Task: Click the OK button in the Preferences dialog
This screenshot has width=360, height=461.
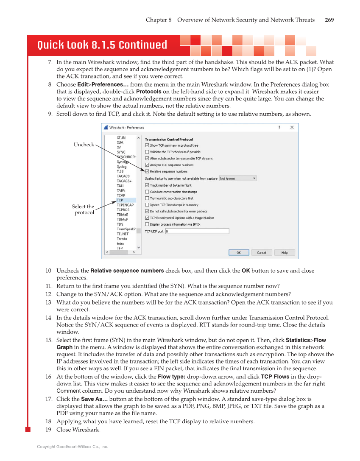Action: point(239,252)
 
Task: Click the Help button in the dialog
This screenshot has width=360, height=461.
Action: point(285,252)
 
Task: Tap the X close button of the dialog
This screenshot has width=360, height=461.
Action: point(292,128)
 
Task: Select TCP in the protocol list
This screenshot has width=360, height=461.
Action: point(120,200)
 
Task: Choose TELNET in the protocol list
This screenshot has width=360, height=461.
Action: point(123,234)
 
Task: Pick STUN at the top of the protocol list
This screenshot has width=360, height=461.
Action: point(121,138)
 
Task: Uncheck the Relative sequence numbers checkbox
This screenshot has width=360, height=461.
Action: point(147,171)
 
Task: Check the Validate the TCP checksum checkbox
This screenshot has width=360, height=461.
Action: point(147,152)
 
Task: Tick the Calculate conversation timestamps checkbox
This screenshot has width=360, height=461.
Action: point(147,192)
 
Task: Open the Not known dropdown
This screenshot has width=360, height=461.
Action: point(238,179)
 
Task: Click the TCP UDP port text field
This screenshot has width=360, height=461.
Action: point(197,231)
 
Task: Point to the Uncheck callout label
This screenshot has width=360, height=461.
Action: point(84,145)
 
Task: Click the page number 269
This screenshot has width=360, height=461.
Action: point(329,20)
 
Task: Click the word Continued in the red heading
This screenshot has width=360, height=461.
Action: point(142,45)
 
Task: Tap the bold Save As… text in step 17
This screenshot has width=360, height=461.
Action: point(94,399)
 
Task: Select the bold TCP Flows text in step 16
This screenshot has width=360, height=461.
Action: point(275,377)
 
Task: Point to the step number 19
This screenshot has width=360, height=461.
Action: point(49,430)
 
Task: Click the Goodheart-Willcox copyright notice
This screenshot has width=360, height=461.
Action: point(73,447)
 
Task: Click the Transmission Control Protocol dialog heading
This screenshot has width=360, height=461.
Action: point(169,140)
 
